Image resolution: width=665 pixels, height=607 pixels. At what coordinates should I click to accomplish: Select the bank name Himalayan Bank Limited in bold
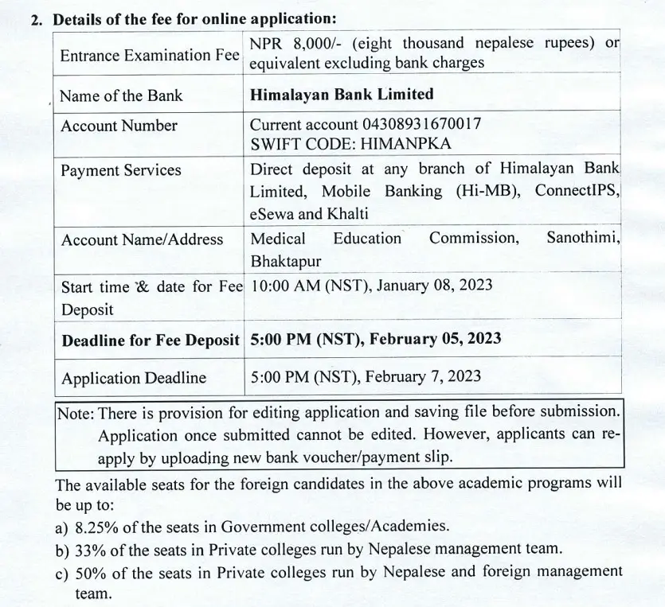(342, 95)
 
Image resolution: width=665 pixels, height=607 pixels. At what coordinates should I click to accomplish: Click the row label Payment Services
(121, 170)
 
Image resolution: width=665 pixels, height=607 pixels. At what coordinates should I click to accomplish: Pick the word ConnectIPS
(577, 191)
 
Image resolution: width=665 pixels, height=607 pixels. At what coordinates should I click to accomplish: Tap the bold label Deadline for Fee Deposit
(151, 340)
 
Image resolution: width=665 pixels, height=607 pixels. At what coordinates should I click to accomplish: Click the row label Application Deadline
(133, 378)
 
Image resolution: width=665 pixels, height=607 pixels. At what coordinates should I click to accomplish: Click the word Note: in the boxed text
(76, 413)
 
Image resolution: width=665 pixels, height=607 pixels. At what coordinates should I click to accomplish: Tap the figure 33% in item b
(88, 549)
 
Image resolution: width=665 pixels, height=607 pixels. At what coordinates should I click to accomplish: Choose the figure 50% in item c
(89, 572)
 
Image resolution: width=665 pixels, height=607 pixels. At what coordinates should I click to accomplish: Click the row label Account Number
(119, 126)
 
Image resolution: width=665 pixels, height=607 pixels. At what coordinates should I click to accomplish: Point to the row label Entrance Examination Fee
(149, 55)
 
